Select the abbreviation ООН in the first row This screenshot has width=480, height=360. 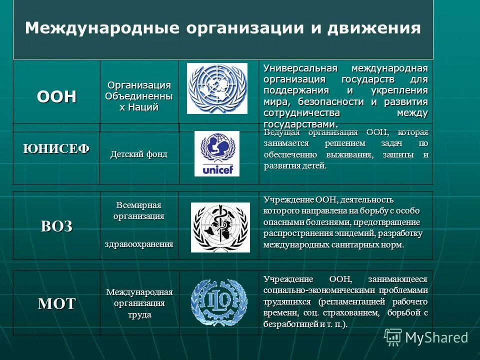point(56,96)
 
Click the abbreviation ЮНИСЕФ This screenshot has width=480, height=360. point(56,148)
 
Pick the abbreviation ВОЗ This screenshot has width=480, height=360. point(56,226)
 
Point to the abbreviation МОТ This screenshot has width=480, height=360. point(56,303)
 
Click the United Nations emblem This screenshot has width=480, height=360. point(217,88)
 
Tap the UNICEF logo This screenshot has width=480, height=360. point(217,153)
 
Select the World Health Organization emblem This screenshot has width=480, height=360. point(220,227)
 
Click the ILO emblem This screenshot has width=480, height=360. point(219,302)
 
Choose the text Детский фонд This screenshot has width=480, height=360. point(139,154)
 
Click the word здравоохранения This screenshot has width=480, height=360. point(139,244)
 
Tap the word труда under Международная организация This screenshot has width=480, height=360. point(139,315)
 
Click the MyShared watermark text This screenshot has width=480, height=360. point(436,337)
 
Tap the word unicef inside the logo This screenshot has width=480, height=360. point(217,170)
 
